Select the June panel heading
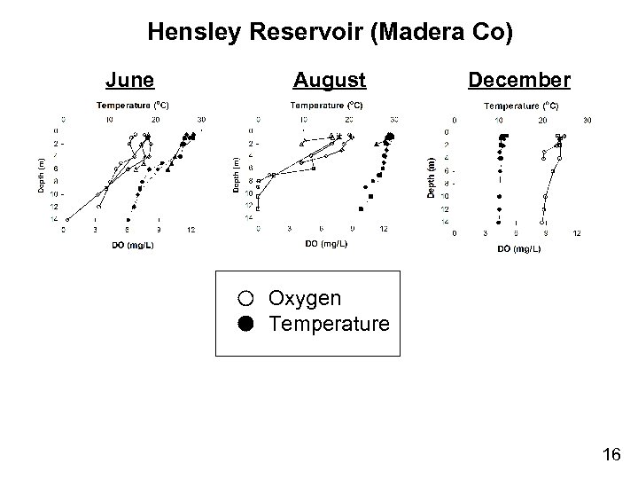tap(130, 81)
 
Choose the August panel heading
tap(330, 81)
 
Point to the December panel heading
tap(519, 81)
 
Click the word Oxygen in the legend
tap(305, 299)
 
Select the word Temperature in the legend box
tap(329, 324)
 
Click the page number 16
tap(611, 455)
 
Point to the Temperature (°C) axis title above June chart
tap(133, 105)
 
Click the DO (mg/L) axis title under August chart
tap(326, 243)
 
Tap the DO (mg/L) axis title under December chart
tap(519, 248)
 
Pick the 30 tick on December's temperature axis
tap(586, 120)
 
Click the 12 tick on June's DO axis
tap(191, 230)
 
